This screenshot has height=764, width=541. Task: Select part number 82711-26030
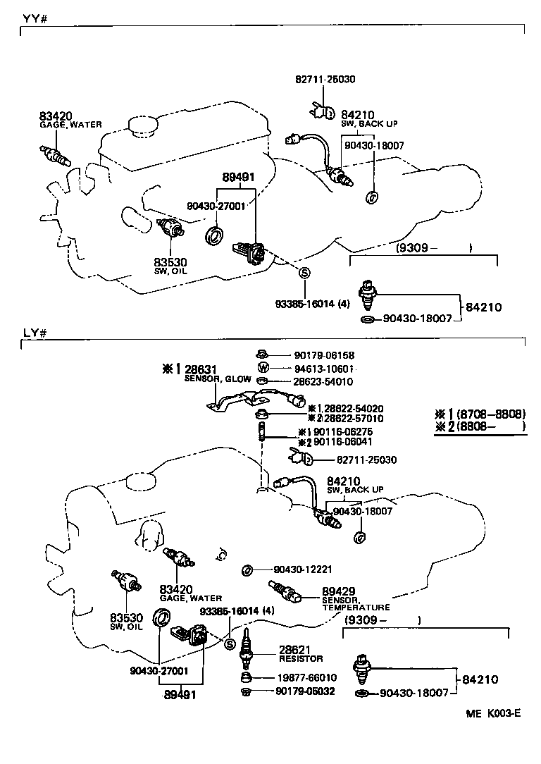pos(325,80)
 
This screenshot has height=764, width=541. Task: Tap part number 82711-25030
pos(366,460)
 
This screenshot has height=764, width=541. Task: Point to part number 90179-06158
pos(324,356)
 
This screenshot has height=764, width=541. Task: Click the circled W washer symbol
pos(263,368)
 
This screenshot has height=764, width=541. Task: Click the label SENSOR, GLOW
pos(217,379)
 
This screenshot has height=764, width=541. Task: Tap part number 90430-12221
pos(303,569)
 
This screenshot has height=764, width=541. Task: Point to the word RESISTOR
pos(301,659)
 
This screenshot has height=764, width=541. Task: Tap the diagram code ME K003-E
pos(492,713)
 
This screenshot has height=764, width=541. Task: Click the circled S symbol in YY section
pos(304,273)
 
